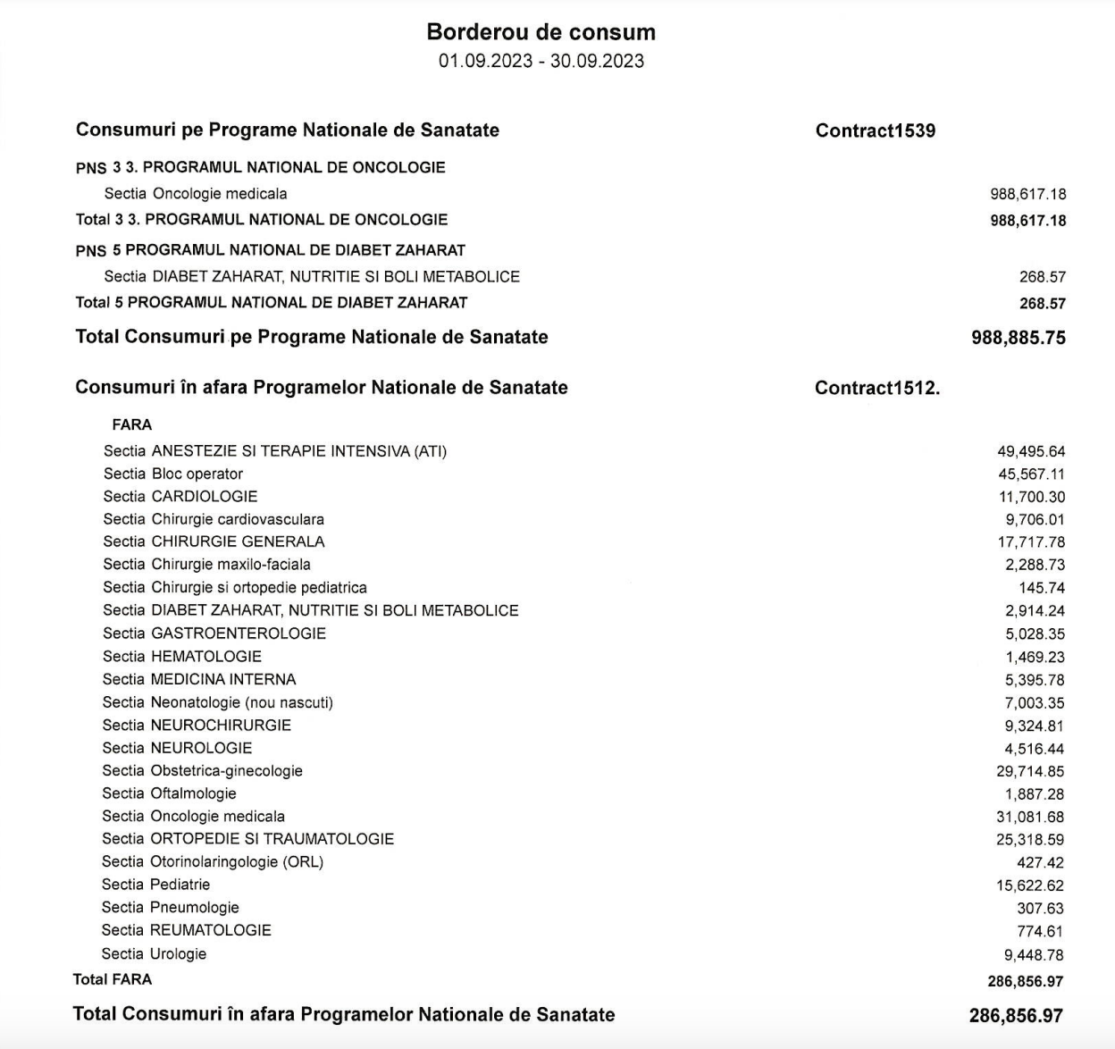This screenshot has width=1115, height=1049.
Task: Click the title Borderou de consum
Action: coord(541,32)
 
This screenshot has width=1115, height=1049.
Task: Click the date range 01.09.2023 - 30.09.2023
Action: coord(541,61)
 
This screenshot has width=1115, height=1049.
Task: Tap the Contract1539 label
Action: coord(875,130)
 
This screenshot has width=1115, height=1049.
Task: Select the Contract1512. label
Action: coord(876,388)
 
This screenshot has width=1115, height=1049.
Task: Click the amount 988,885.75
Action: coord(1018,338)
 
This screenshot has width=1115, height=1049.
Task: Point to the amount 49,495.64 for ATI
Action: coord(1031,452)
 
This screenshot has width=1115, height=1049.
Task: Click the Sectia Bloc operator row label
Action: coord(172,474)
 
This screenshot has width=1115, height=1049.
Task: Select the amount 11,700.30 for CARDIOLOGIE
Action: coord(1032,497)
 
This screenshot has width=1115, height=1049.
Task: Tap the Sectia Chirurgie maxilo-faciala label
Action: coord(206,564)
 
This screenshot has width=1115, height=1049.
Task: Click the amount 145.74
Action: coord(1042,588)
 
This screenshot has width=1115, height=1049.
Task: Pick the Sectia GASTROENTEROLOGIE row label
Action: coord(214,634)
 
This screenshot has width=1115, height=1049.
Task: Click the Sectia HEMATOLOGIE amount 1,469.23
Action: coord(1035,657)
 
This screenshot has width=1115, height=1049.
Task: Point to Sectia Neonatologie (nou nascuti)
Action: coord(217,702)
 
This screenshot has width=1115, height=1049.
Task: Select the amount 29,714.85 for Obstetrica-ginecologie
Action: coord(1031,771)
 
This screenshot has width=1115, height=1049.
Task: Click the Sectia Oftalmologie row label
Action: coord(169,793)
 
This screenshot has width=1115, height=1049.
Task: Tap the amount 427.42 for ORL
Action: coord(1040,862)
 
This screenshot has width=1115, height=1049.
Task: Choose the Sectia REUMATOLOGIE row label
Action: coord(186,930)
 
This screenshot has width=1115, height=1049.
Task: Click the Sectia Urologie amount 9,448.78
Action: coord(1034,954)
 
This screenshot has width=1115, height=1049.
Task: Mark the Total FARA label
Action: coord(113,979)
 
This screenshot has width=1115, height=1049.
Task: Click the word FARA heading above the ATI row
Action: coord(132,424)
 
